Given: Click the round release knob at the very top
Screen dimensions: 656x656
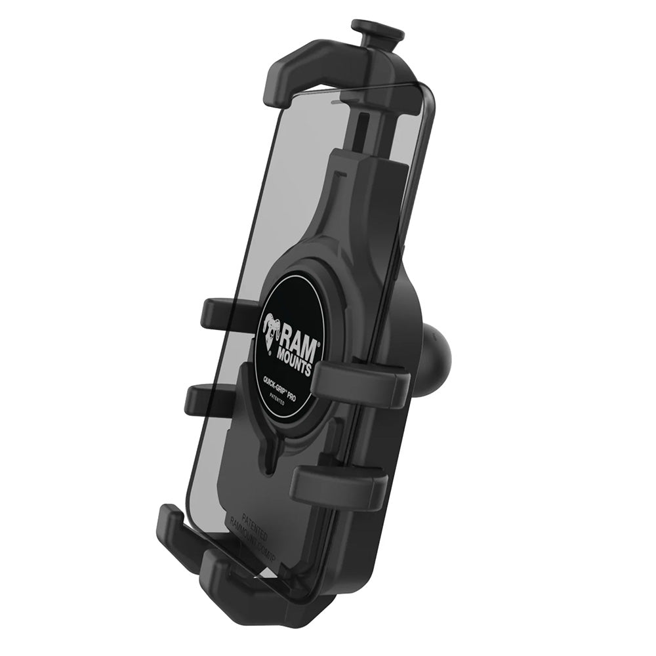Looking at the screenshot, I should [x=377, y=29].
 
